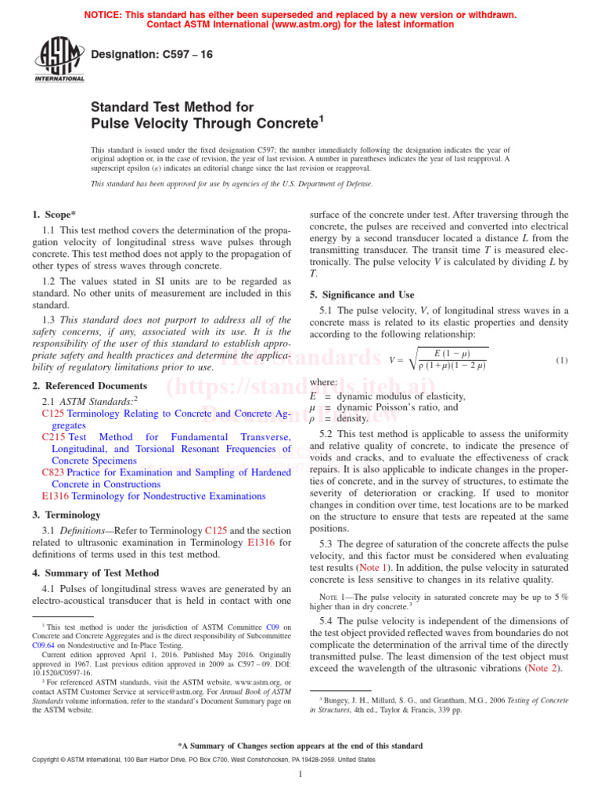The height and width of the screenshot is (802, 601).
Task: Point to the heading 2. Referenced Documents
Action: (x=89, y=386)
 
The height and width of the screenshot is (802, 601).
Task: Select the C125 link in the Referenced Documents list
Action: (x=53, y=413)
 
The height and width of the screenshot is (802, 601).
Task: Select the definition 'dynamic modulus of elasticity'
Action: (x=401, y=396)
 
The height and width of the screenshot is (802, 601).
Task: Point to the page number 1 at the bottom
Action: (x=300, y=774)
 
